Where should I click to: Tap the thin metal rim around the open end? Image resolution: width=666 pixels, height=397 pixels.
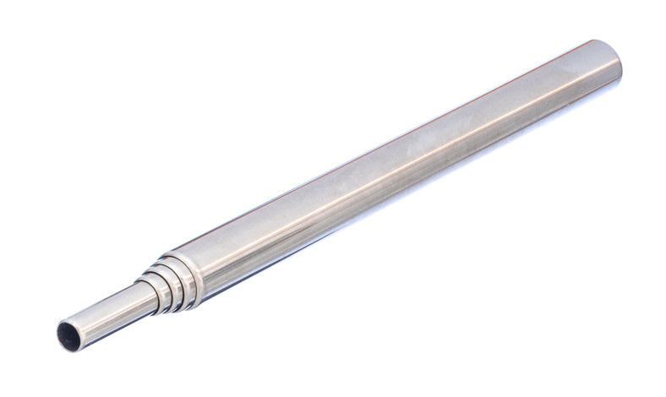(x=59, y=334)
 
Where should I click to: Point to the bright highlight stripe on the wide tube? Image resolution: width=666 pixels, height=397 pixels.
(x=406, y=152)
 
